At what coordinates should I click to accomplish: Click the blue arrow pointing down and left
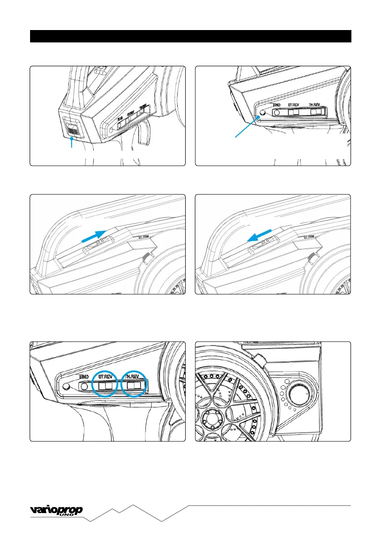point(259,236)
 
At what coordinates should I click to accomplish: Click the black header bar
point(190,36)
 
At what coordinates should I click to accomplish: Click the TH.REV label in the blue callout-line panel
point(316,106)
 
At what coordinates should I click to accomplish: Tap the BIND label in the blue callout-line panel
point(277,106)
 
